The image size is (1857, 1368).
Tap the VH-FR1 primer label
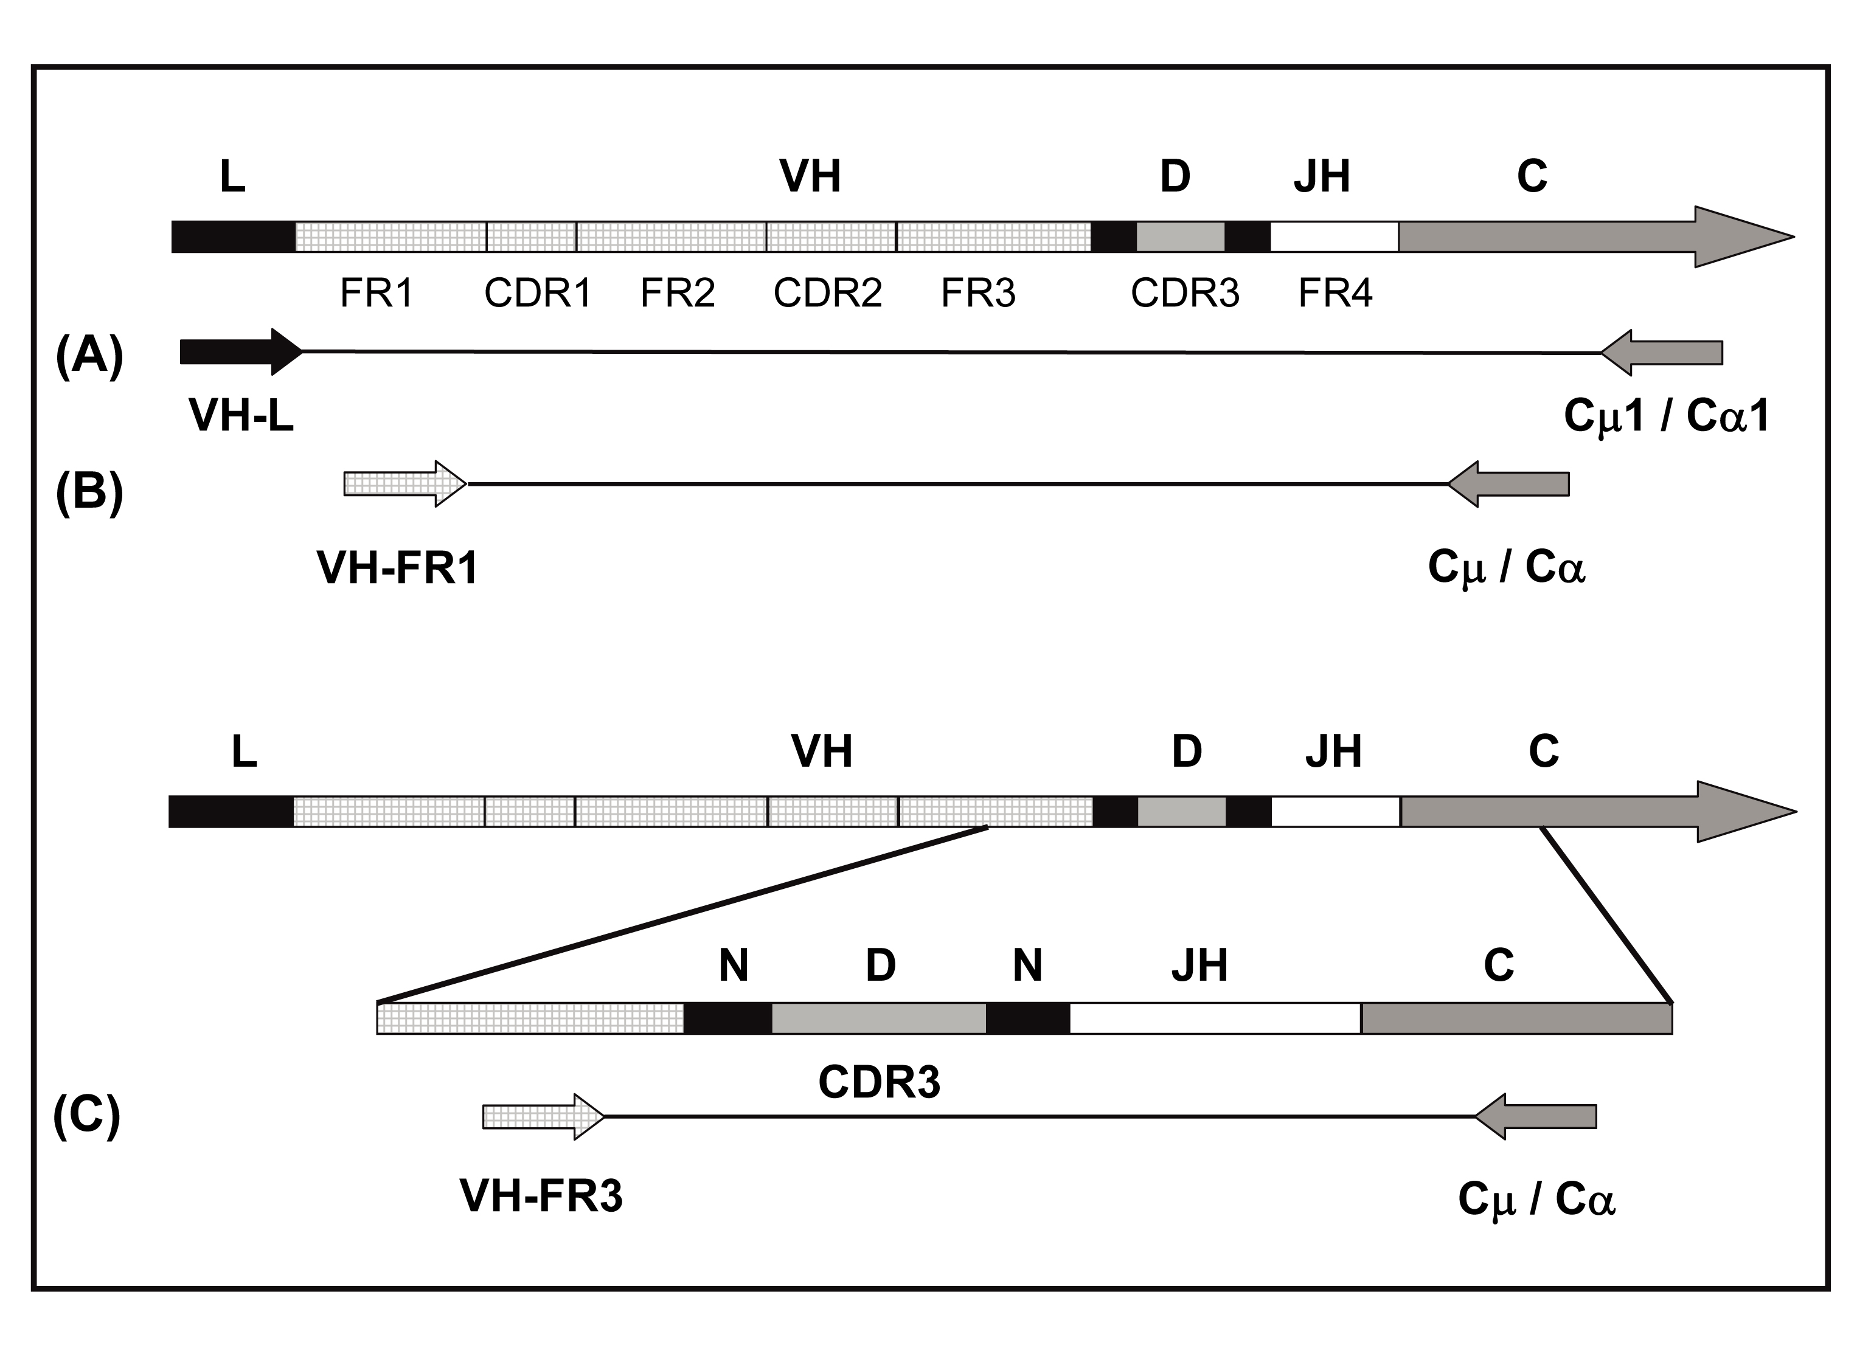(398, 569)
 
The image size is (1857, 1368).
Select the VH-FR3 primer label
(541, 1196)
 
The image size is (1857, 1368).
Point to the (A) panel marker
(89, 356)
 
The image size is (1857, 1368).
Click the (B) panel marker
(89, 491)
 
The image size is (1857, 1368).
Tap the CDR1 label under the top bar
(538, 293)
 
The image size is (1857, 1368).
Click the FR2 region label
(678, 293)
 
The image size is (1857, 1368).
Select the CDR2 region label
(827, 293)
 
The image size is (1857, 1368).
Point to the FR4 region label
(1335, 293)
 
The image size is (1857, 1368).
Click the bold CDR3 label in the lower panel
(879, 1082)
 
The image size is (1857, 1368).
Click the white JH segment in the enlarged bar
(1215, 1018)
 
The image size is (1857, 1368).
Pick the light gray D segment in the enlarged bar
(879, 1018)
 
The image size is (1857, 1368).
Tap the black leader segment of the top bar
(233, 237)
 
